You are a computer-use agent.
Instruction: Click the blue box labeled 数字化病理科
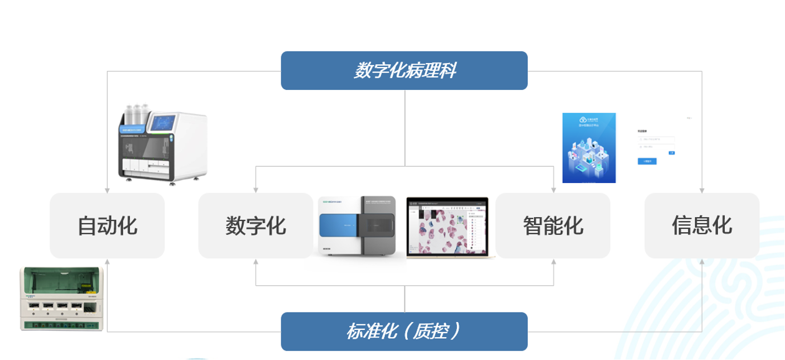point(404,71)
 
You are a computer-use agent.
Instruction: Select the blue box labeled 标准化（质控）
point(404,332)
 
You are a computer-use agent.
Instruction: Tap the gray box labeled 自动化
point(107,225)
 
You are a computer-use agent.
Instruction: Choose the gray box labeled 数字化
point(256,225)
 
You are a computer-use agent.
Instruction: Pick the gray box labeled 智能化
point(553,225)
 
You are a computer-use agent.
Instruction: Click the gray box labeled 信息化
point(701,225)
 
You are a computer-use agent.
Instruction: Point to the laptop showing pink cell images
point(450,227)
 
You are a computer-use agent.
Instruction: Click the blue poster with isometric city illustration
point(589,148)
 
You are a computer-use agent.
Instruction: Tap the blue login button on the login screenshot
point(647,161)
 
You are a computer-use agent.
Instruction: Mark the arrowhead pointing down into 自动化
point(107,190)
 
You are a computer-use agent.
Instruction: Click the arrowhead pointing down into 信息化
point(701,190)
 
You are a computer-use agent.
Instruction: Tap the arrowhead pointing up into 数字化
point(256,261)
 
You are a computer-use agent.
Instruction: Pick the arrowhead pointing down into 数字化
point(256,190)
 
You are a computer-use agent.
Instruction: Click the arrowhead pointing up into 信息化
point(701,261)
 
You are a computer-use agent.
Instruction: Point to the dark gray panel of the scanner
point(379,225)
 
